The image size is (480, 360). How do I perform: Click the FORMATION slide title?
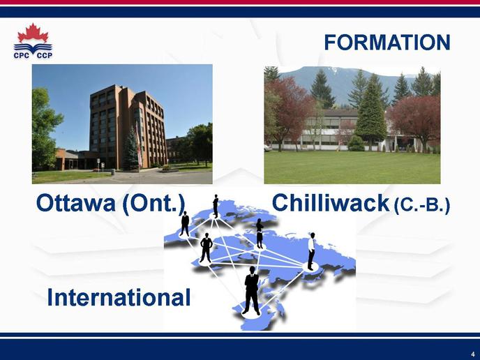click(387, 43)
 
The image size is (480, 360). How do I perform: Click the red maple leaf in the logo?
click(33, 33)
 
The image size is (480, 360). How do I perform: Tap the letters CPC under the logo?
click(22, 55)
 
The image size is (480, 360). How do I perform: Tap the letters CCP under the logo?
click(45, 55)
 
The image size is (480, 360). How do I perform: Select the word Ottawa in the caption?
click(75, 203)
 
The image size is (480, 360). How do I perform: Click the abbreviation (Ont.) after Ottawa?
click(153, 204)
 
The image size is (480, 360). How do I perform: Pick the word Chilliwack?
click(331, 202)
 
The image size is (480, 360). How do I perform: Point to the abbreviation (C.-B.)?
click(422, 205)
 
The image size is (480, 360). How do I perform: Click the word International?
click(119, 297)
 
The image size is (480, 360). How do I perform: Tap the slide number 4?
click(472, 352)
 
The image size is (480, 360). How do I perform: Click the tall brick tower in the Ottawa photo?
click(128, 126)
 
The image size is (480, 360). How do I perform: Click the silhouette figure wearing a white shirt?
click(311, 251)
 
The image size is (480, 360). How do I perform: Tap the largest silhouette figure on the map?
click(252, 290)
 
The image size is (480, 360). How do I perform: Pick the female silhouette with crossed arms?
click(260, 233)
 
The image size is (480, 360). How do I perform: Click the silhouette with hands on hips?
click(206, 248)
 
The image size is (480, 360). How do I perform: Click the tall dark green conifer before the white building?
click(370, 113)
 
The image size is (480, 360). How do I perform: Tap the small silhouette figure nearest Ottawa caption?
click(185, 223)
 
